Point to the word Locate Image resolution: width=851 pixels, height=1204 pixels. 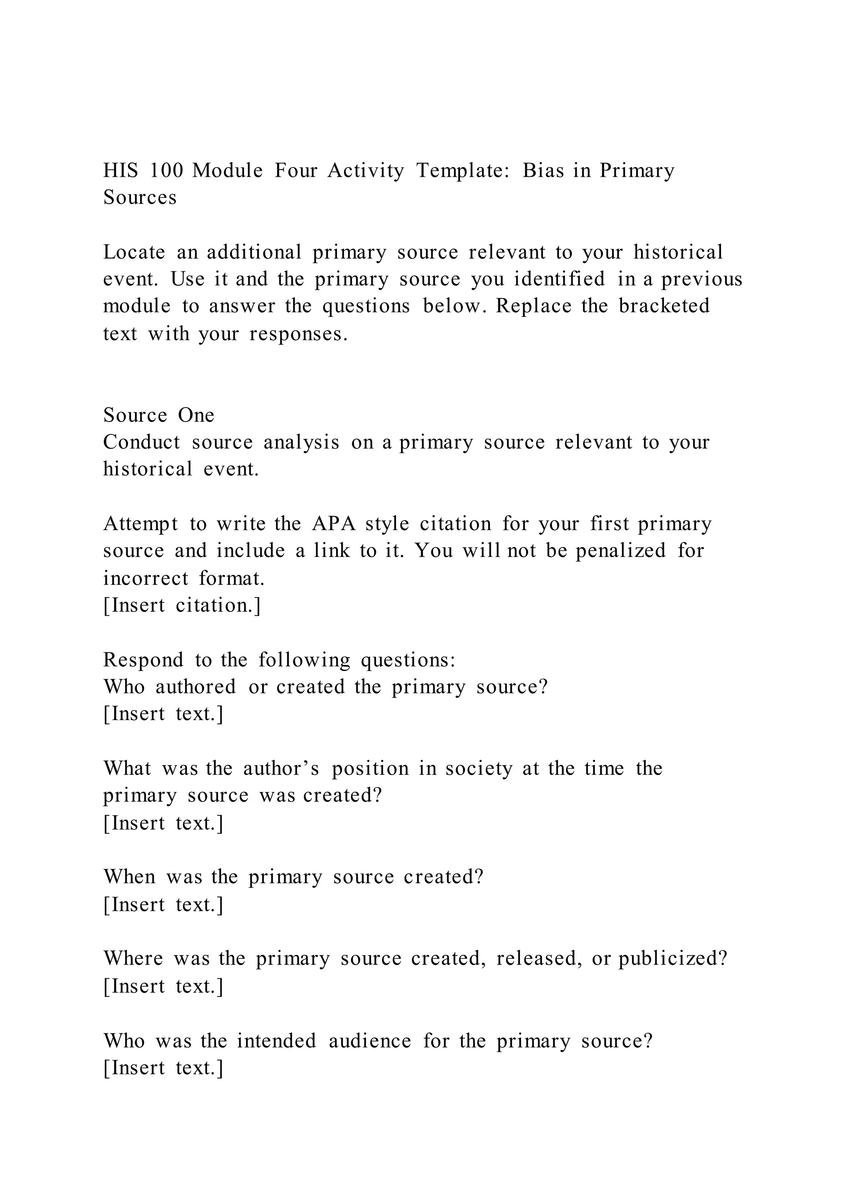[134, 252]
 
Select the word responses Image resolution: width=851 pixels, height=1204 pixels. [298, 333]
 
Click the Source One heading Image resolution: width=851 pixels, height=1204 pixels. [159, 415]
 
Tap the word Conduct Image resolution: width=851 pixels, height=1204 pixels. [142, 442]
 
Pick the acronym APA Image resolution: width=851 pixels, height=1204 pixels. [334, 523]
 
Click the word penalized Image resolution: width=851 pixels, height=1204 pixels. [620, 550]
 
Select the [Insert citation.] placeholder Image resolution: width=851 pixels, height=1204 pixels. [182, 605]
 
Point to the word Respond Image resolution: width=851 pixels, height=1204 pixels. [144, 660]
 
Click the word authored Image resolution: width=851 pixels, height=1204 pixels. [195, 686]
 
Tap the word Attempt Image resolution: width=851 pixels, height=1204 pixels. [140, 523]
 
